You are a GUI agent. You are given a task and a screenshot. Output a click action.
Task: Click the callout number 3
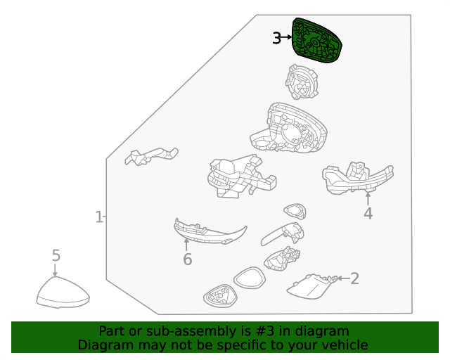click(276, 38)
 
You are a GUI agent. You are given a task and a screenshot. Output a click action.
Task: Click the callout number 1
click(99, 217)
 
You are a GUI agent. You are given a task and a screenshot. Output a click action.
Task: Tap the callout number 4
click(368, 214)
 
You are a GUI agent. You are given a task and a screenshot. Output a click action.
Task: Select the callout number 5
click(56, 255)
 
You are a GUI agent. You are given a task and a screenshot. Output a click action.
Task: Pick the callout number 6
click(188, 259)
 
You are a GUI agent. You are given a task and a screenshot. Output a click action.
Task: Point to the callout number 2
click(354, 278)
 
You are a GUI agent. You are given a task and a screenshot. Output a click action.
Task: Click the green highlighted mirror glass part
click(316, 41)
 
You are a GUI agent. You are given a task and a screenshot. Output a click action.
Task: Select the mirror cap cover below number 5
click(63, 292)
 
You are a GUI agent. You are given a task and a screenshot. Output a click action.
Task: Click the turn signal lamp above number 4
click(358, 179)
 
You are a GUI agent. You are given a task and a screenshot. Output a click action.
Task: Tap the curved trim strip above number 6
click(210, 232)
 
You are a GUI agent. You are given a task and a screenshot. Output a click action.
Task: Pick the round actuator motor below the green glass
click(302, 82)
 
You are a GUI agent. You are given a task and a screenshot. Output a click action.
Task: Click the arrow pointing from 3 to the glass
click(286, 37)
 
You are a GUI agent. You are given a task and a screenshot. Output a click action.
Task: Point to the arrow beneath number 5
click(55, 270)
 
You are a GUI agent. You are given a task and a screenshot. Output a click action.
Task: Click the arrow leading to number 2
click(344, 278)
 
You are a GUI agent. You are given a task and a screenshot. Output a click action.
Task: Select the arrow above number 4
click(368, 199)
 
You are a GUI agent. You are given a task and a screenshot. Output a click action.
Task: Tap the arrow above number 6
click(186, 245)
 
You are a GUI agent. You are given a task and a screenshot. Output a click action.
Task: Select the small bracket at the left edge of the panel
click(151, 156)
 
